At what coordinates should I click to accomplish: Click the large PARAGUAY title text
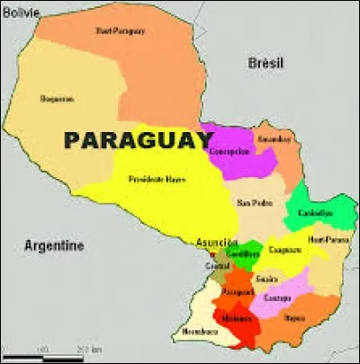[x=138, y=140]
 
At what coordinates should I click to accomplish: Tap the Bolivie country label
[x=22, y=13]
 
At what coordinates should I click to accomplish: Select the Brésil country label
[x=267, y=63]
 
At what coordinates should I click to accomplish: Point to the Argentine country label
[x=54, y=245]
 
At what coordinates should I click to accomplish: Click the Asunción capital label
[x=216, y=243]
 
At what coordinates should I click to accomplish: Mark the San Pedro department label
[x=253, y=202]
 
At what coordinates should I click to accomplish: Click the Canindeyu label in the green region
[x=315, y=213]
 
